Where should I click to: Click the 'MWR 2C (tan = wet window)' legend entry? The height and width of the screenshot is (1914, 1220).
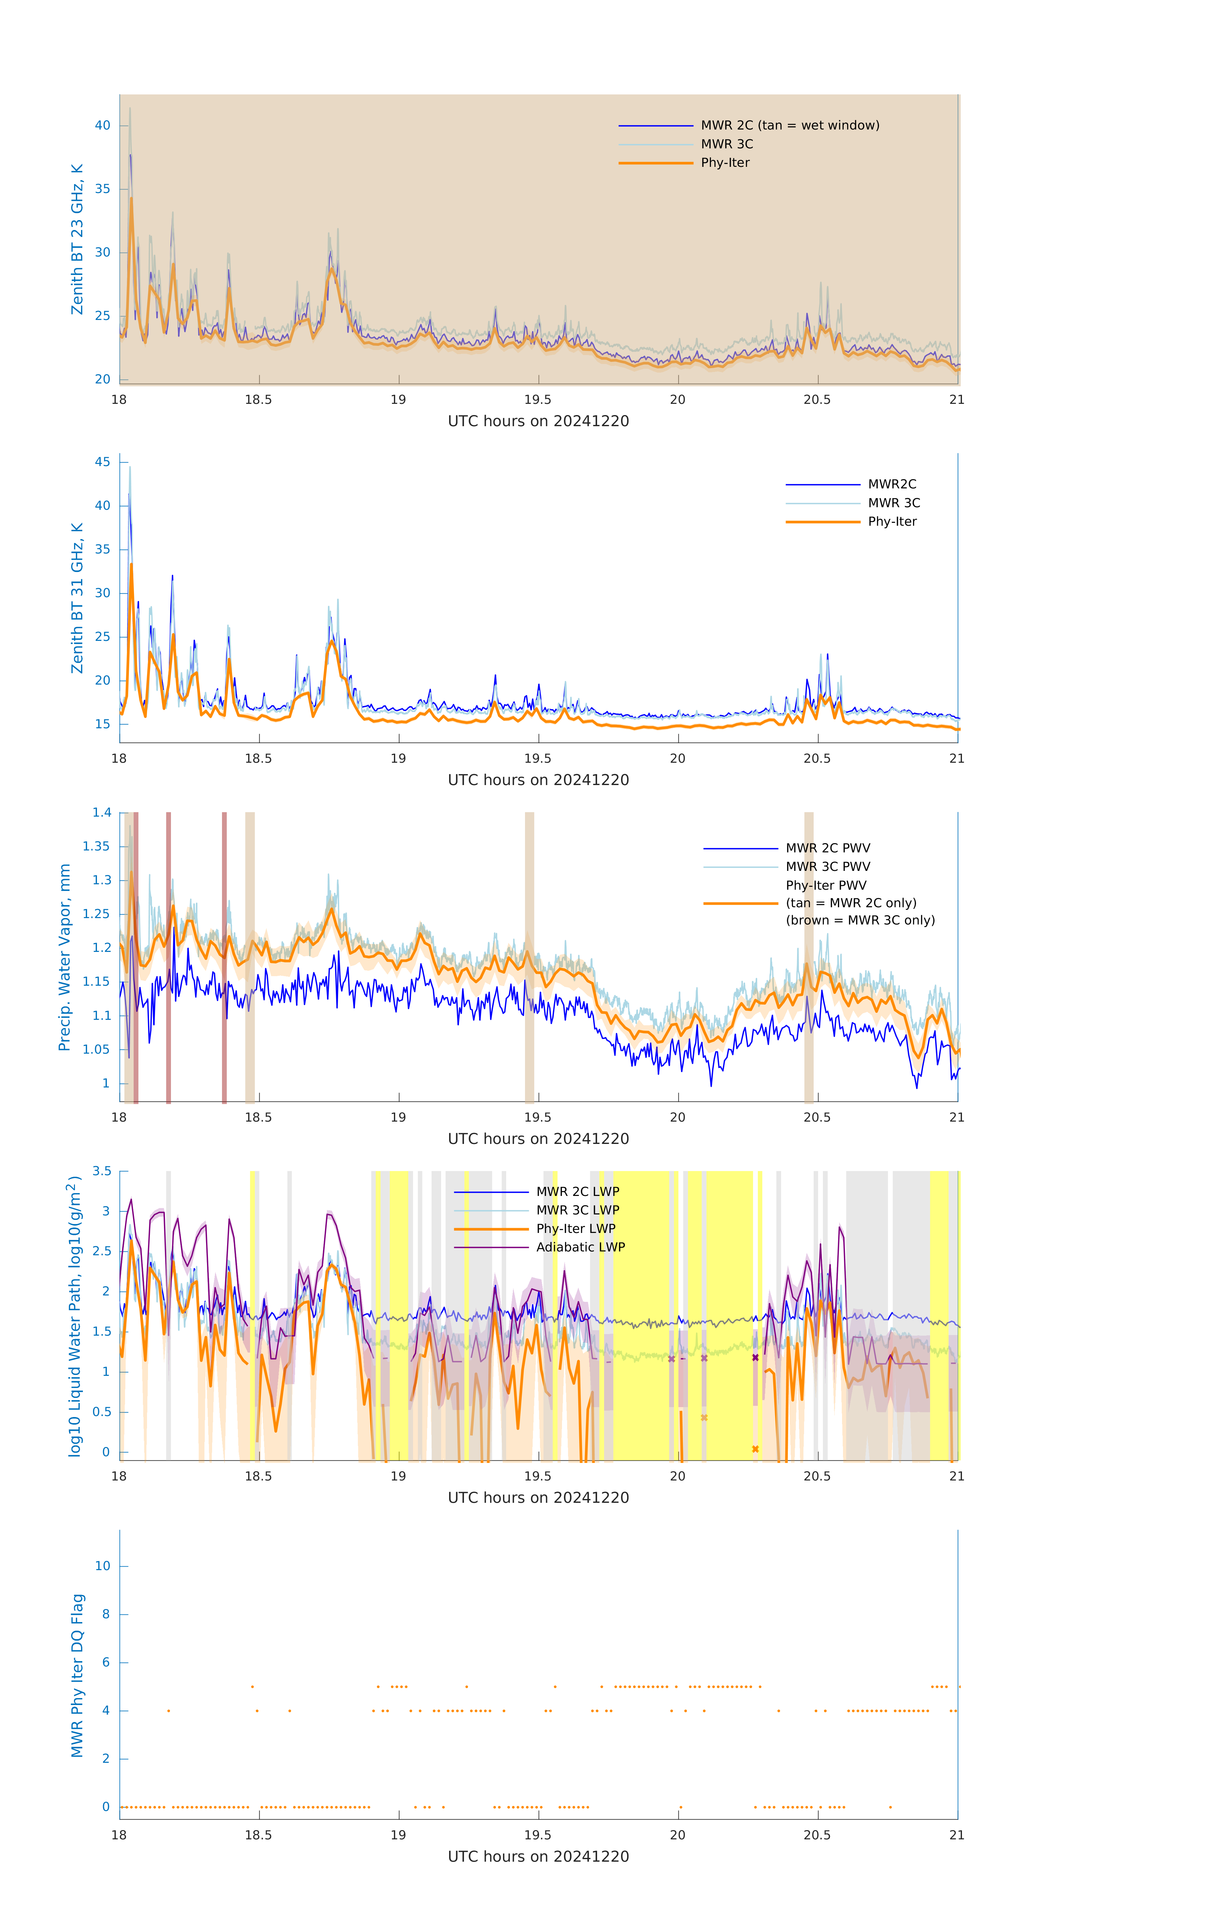789,126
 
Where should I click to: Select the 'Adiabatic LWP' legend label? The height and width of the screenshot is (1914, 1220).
580,1247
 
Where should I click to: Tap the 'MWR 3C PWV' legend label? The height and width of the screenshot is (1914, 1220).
827,866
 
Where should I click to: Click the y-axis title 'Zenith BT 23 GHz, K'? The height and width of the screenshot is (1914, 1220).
77,239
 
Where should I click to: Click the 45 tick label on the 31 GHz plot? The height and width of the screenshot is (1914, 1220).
102,462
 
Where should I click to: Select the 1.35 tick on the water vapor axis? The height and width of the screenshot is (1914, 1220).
96,847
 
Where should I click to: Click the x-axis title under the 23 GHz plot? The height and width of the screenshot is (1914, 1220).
538,421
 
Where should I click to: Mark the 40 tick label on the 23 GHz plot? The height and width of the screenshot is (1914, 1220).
102,126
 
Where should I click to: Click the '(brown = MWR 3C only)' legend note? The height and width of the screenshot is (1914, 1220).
860,920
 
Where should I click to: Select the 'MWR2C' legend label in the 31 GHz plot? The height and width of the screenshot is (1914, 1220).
892,484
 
